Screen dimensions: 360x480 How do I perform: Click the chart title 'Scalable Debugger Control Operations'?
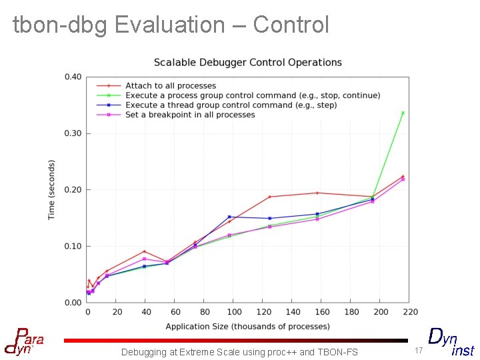(247, 63)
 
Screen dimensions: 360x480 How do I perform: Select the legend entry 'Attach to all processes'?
(171, 86)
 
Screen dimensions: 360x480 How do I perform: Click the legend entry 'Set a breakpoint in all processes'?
(190, 115)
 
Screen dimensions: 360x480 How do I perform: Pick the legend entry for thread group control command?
(231, 105)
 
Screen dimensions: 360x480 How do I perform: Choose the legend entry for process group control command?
(253, 95)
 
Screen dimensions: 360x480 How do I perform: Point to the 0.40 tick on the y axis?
(73, 77)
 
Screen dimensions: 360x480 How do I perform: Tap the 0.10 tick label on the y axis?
(73, 247)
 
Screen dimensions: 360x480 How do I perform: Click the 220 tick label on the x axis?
(410, 312)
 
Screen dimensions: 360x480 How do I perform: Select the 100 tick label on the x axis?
(234, 312)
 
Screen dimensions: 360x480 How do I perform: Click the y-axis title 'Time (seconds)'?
(52, 190)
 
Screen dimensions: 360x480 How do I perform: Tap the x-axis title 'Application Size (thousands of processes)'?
(247, 327)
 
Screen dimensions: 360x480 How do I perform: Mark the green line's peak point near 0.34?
(403, 113)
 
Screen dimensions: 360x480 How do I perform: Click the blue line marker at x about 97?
(229, 217)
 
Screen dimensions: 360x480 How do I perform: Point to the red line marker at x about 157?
(317, 193)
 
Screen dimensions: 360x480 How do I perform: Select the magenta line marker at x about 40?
(144, 259)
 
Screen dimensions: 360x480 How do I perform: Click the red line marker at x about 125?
(270, 197)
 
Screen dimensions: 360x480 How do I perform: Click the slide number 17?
(419, 351)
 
